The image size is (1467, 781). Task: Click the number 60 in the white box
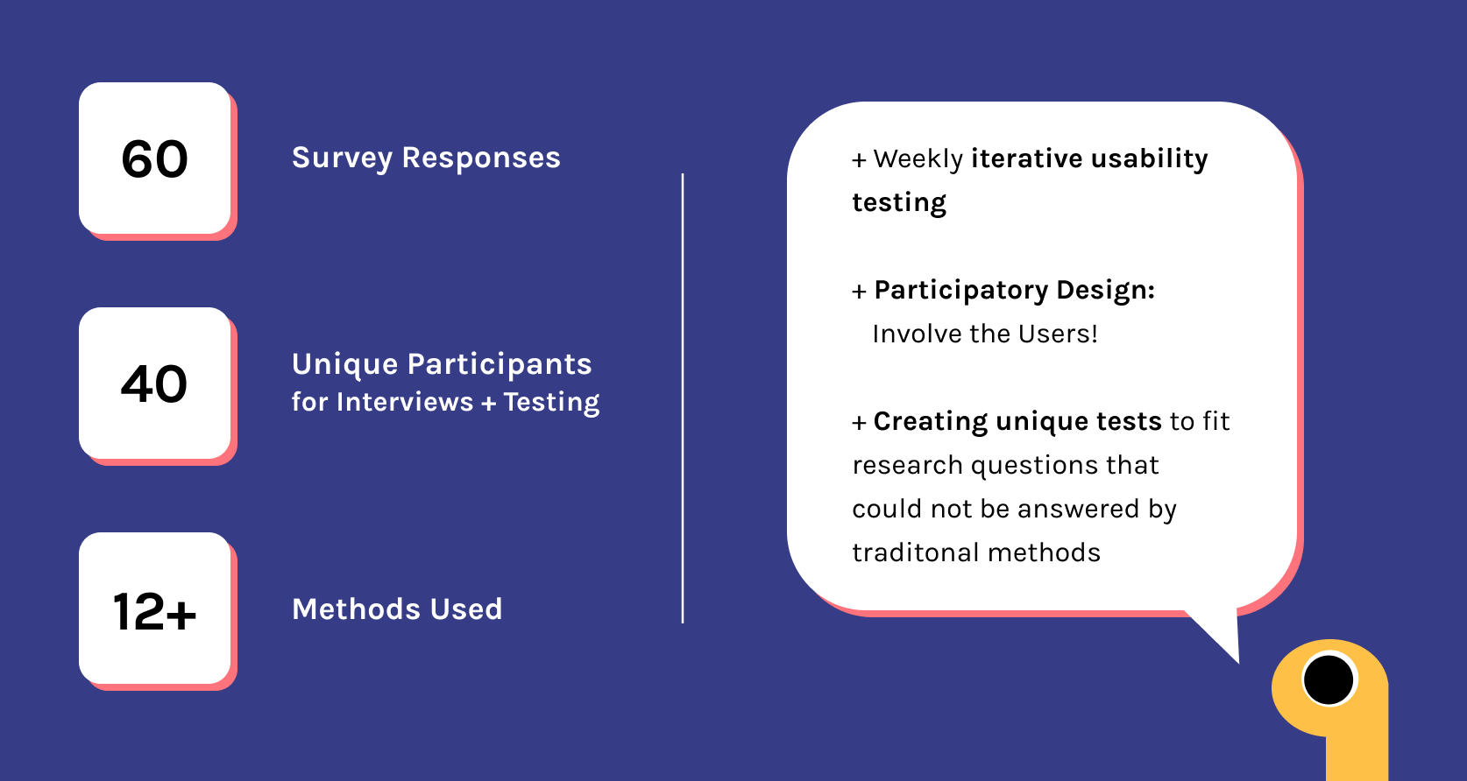pos(154,159)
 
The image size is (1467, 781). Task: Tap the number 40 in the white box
pos(154,384)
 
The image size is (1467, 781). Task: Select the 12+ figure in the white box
pos(154,611)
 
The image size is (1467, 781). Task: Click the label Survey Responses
pos(427,158)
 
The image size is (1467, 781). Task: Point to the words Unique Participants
pos(442,365)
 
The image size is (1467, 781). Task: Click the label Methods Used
pos(398,609)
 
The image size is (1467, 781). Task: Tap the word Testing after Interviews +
pos(551,402)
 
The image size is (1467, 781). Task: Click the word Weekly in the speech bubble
pos(918,159)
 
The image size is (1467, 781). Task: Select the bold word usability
pos(1150,159)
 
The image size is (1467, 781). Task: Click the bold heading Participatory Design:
pos(1015,291)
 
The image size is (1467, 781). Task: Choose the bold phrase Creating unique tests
pos(1017,422)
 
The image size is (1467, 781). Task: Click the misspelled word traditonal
pos(916,552)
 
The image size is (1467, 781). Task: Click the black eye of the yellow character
pos(1329,679)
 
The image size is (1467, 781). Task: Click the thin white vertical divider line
pos(683,398)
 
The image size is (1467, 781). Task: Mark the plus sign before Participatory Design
pos(859,292)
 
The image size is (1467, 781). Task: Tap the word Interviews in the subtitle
pos(405,402)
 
